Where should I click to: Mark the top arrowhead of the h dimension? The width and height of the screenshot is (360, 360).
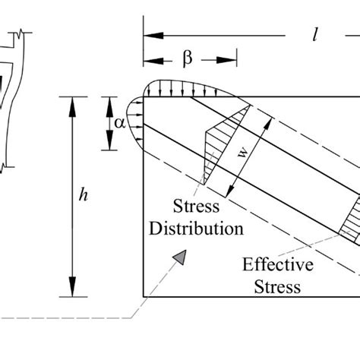74,102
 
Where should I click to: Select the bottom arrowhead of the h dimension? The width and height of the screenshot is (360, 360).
74,290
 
